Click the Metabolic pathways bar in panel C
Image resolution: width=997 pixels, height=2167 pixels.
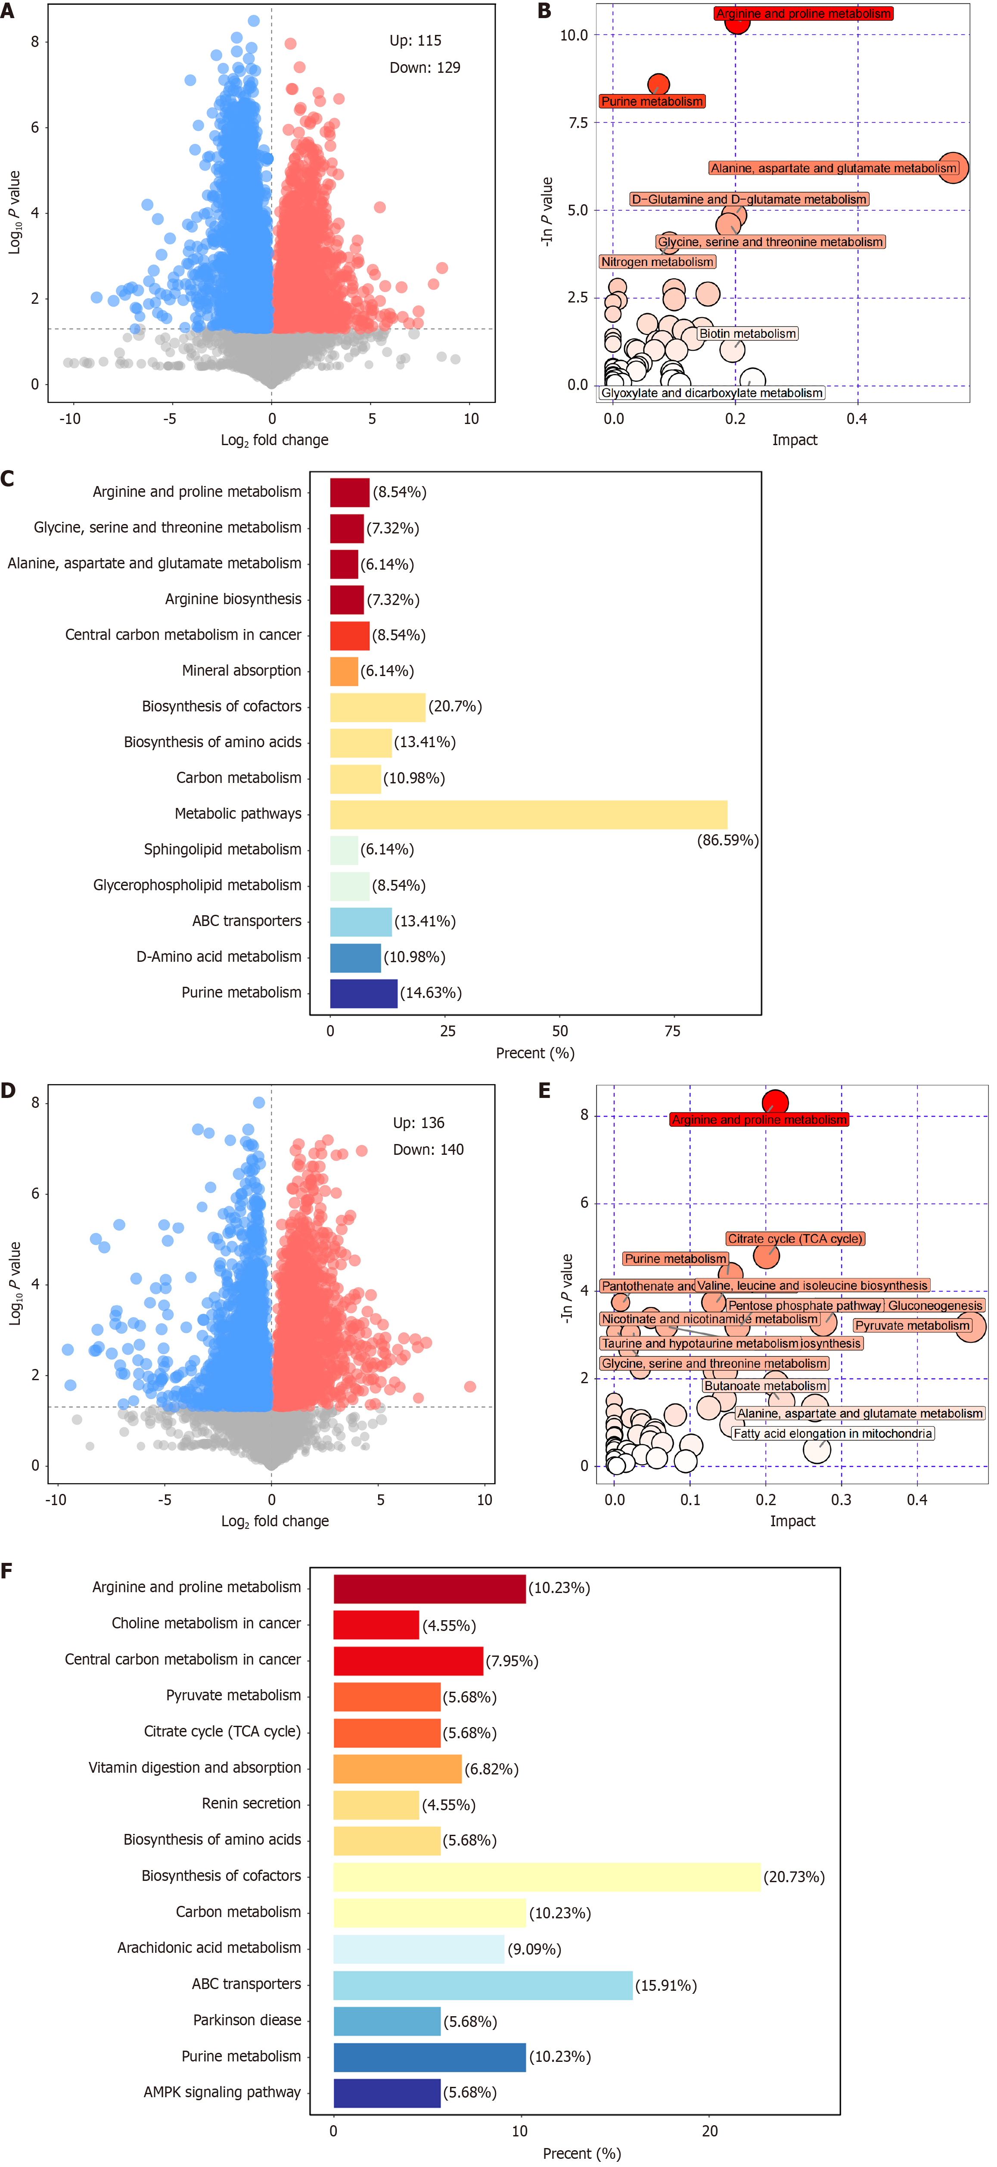[x=528, y=814]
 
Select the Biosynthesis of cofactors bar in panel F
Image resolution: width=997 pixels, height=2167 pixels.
[x=547, y=1877]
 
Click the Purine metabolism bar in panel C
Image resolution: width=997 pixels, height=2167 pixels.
[x=363, y=993]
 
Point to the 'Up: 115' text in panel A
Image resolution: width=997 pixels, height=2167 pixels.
[x=415, y=41]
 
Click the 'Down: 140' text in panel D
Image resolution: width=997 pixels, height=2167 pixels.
[x=428, y=1149]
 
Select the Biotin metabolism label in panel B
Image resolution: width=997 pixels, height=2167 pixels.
[x=747, y=334]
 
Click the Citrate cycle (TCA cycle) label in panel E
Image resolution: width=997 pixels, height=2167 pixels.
[x=795, y=1238]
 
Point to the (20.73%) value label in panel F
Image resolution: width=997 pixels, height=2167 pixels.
[x=794, y=1877]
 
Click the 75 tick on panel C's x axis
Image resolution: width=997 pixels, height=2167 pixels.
[x=673, y=1031]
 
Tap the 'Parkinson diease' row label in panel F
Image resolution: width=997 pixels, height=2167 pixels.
[x=247, y=2020]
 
